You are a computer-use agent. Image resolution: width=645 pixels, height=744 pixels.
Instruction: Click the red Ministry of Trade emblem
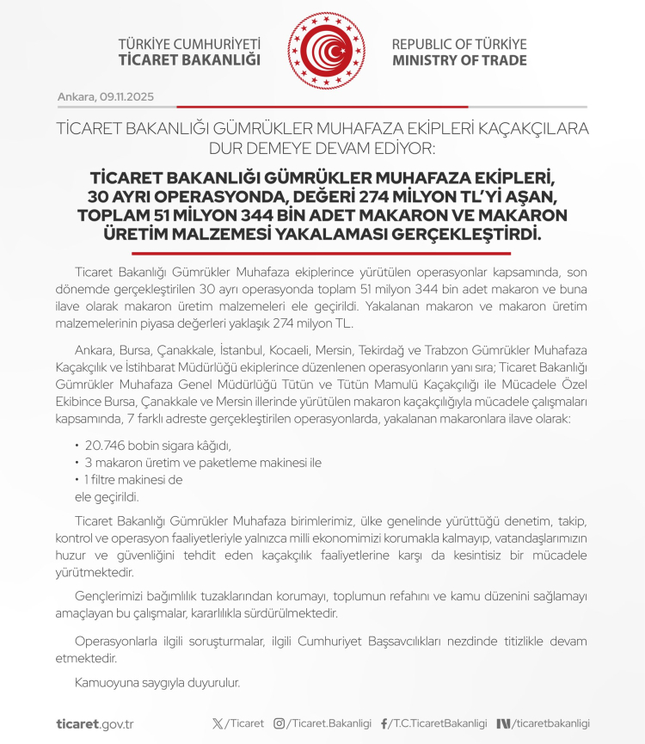point(327,51)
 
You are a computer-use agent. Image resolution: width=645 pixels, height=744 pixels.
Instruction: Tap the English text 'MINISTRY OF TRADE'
point(459,61)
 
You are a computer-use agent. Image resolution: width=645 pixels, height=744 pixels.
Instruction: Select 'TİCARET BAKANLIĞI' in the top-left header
point(189,61)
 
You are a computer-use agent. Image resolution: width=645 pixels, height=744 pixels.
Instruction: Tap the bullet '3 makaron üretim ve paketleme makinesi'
point(202,462)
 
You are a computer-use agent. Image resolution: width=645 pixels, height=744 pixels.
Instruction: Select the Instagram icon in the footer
point(279,723)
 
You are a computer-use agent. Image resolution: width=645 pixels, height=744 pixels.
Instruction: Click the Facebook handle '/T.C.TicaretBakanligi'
point(439,723)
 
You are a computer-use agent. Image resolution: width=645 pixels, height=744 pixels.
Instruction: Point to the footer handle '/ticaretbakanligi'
point(551,723)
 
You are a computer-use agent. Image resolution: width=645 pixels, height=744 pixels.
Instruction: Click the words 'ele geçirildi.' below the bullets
point(107,496)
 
